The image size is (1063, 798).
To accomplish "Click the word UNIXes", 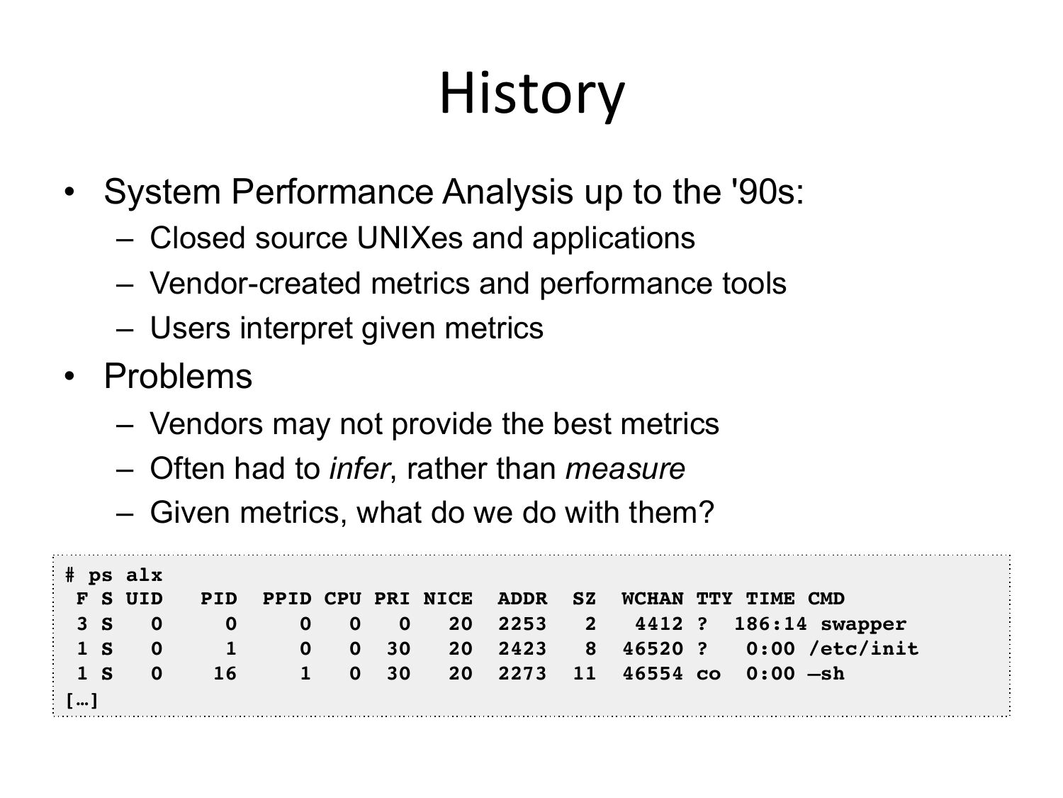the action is coord(409,238).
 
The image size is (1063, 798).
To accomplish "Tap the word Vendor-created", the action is coord(255,283).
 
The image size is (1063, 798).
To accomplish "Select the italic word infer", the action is coord(359,469).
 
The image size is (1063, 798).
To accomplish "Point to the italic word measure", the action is coord(625,469).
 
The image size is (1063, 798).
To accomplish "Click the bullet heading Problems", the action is coord(178,376).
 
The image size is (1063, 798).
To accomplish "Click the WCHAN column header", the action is coord(653,599).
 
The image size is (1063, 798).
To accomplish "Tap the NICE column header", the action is coord(447,599).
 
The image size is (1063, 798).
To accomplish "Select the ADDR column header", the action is coord(522,599).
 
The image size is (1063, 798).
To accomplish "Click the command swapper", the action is coord(863,625).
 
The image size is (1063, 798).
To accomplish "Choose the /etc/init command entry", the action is coord(863,649).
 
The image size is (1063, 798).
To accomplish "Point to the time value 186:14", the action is coord(770,624).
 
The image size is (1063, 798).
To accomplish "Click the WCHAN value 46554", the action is coord(653,674).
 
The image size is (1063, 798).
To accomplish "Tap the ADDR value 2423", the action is coord(522,649).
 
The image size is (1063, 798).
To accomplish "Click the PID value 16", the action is coord(225,674).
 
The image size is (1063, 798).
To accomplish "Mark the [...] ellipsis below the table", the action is coord(81,700).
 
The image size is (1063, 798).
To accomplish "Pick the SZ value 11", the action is coord(584,674).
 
